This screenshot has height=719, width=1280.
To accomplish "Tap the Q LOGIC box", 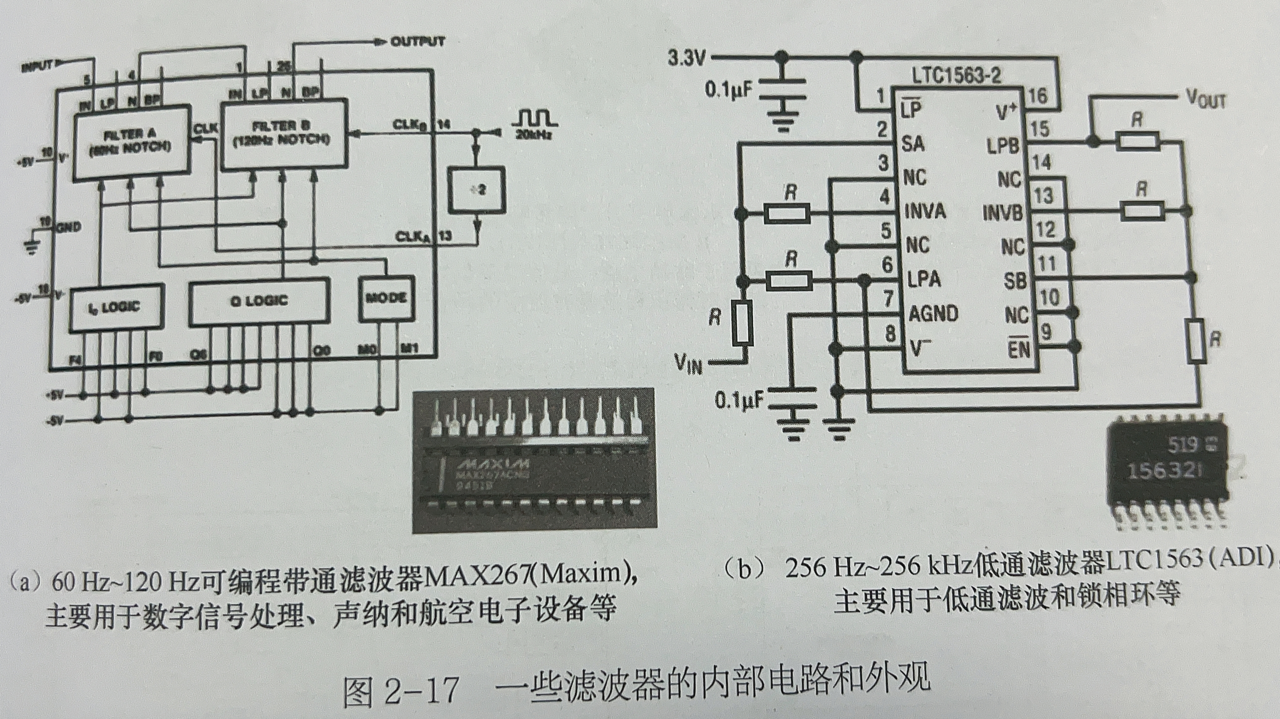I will [259, 301].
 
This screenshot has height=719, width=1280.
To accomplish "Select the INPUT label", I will [38, 66].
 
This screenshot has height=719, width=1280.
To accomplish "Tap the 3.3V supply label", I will [686, 59].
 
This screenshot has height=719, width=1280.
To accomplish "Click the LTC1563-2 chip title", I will [956, 76].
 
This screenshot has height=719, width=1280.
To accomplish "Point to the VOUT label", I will [1205, 99].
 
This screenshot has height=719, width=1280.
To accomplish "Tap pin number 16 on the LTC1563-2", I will [1037, 96].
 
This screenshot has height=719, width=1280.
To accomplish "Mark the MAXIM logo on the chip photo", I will [492, 465].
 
